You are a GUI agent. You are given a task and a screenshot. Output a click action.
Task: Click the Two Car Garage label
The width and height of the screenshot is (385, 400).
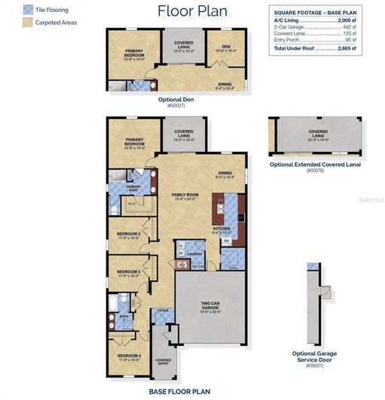[209, 305]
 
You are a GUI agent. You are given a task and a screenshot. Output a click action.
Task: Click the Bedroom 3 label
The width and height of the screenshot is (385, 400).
[128, 271]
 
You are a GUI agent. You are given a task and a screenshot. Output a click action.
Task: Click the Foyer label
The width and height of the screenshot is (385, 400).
[161, 310]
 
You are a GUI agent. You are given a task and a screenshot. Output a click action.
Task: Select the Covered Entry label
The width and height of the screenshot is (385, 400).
[163, 361]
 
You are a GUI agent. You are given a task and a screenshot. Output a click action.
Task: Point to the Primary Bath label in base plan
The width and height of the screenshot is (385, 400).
[133, 186]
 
